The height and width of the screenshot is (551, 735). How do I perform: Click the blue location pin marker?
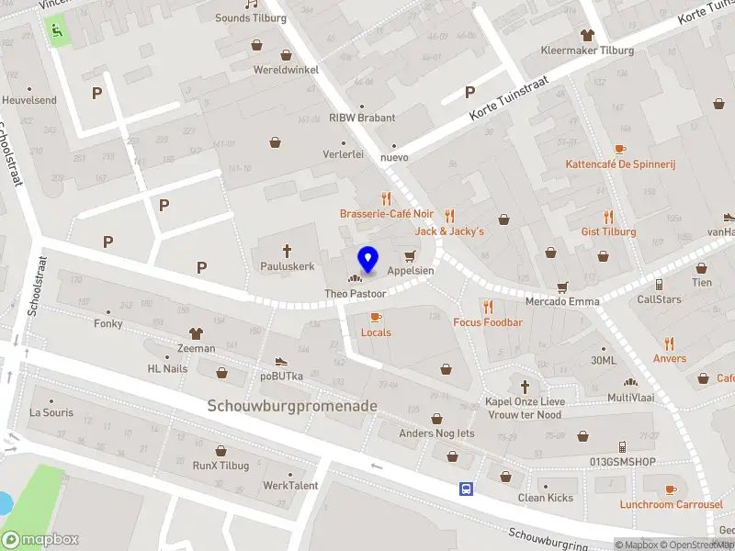coord(368,260)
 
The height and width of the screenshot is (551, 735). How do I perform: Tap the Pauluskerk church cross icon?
coord(287,250)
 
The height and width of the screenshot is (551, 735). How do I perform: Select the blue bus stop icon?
coord(467,489)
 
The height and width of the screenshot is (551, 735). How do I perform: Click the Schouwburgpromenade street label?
coord(292,405)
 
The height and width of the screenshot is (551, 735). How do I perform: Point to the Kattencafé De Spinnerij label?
coord(620,163)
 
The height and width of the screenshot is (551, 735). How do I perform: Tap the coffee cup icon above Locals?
coord(375,316)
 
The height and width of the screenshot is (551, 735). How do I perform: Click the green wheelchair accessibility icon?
coord(58,31)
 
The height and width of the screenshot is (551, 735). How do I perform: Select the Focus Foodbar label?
coord(488,322)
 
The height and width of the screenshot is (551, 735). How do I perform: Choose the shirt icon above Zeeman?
coord(195,332)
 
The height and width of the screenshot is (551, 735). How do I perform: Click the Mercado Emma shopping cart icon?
coord(562,286)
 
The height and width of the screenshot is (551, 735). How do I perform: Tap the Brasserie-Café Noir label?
coord(386,213)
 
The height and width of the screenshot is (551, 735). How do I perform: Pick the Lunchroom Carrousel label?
coord(671,504)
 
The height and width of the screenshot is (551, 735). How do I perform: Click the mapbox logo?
coord(40,539)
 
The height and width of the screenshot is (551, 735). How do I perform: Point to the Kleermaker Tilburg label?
coord(587,50)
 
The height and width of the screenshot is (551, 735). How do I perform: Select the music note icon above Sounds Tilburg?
coord(250,3)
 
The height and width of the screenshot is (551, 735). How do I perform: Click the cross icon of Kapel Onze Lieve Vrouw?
coord(526,386)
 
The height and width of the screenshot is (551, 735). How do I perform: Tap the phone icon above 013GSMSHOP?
coord(622,446)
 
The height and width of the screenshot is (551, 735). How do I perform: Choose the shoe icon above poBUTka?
coord(281,361)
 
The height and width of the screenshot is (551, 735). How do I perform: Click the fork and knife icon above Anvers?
coord(669,343)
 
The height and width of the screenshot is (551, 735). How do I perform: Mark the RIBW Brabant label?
coord(362,118)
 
